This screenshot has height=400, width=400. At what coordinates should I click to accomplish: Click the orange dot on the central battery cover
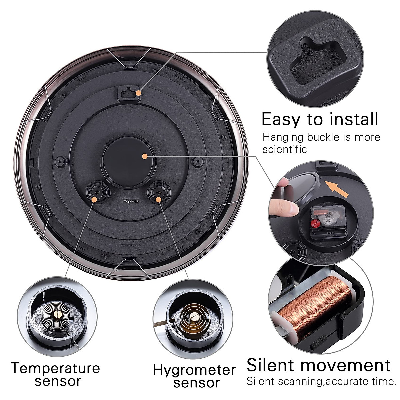coord(144,156)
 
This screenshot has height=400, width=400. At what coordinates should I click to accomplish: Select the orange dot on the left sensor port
coord(94,199)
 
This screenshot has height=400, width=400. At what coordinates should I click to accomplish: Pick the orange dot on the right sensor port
coord(158,199)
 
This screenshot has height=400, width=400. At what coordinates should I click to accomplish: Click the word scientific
coord(284,149)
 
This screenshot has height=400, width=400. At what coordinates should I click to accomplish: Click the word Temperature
coord(55,368)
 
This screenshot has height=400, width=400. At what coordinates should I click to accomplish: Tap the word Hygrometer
coord(194,370)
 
